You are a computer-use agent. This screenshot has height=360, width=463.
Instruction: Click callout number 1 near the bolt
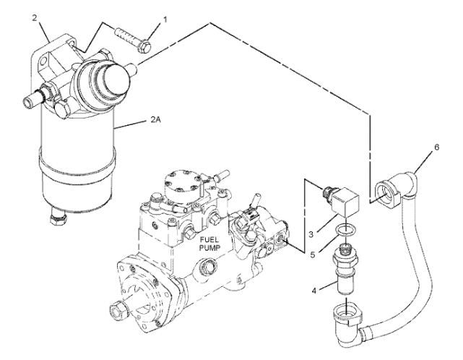(165, 20)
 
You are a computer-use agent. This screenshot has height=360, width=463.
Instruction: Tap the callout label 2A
(155, 120)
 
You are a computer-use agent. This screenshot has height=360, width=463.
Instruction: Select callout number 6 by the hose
(437, 147)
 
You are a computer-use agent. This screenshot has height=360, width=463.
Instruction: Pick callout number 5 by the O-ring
(313, 254)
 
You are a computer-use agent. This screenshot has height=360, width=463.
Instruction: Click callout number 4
(314, 291)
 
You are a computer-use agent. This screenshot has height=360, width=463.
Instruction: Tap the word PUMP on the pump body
(209, 248)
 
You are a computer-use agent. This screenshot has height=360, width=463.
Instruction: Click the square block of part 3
(345, 202)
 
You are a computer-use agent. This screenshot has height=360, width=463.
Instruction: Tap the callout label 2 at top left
(35, 18)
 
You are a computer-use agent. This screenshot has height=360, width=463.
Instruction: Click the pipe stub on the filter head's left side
(33, 98)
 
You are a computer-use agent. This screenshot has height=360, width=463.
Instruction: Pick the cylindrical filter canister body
(77, 157)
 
